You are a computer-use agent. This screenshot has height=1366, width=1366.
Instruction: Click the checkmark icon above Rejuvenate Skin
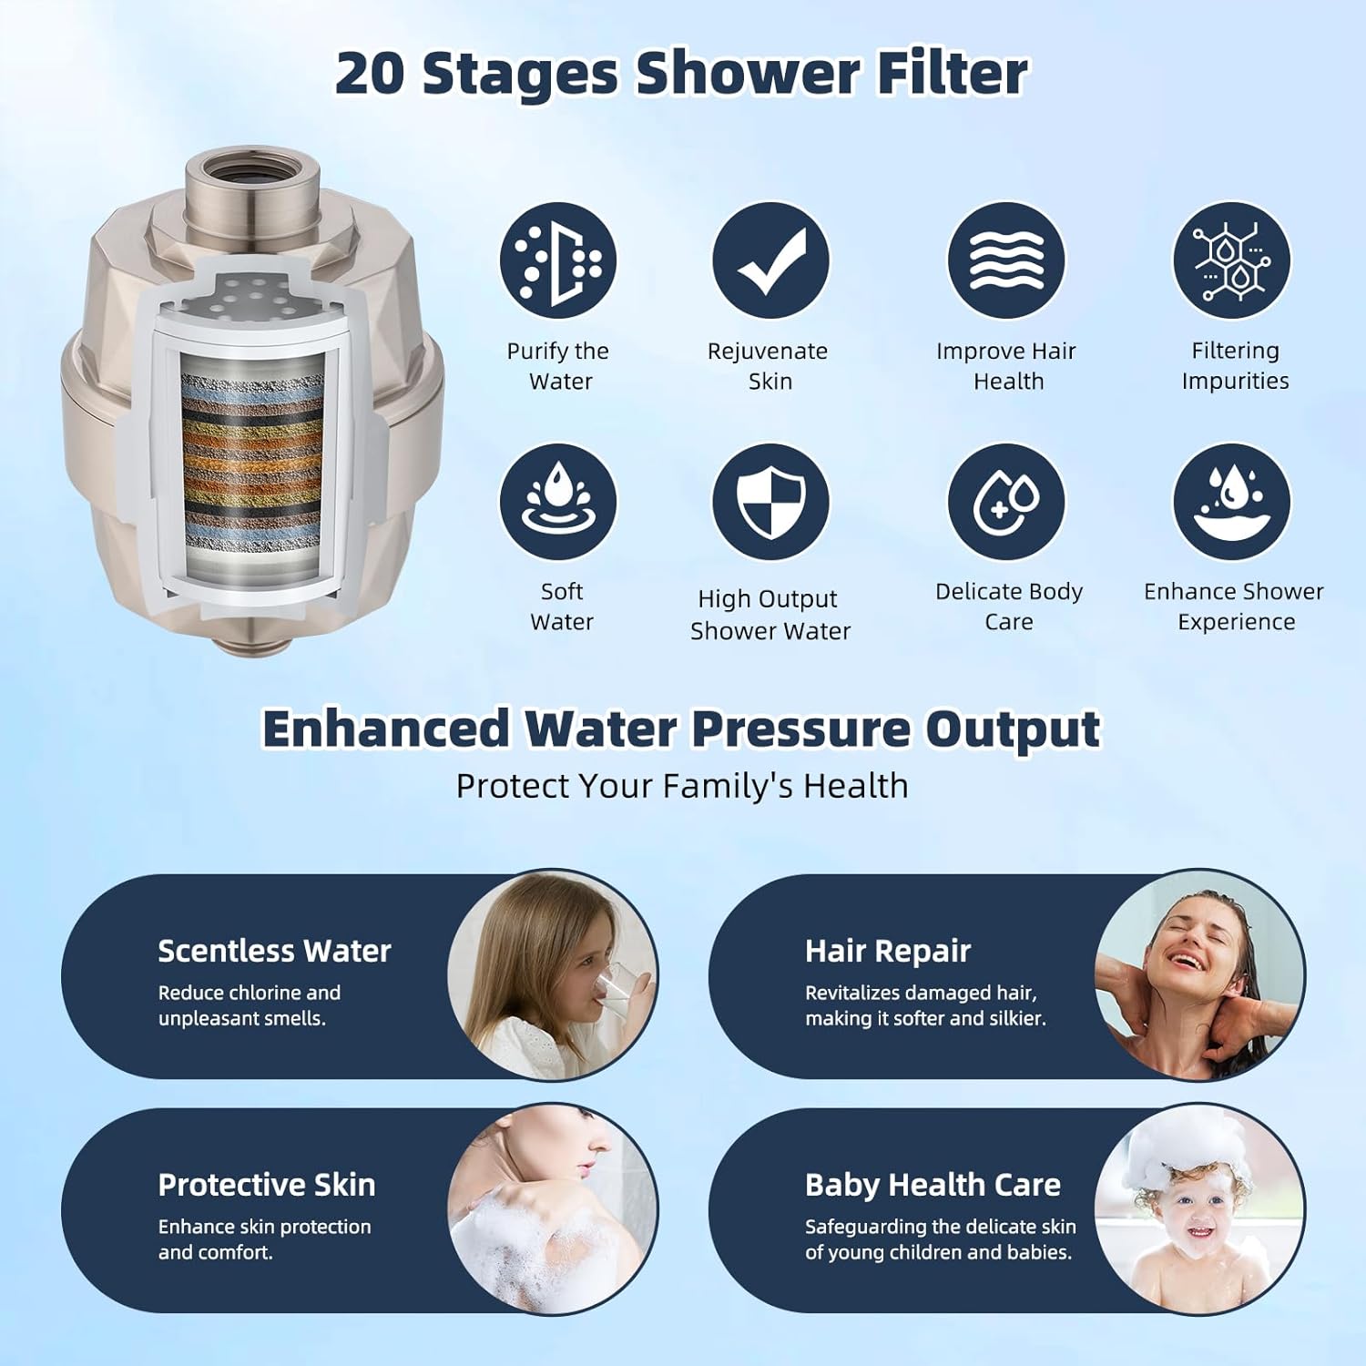coord(770,260)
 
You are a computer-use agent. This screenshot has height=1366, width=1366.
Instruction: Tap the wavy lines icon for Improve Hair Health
coord(1006,260)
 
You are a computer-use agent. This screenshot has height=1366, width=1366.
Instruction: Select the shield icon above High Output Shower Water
coord(770,502)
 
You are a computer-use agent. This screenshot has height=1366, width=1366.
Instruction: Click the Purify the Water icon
coord(557,260)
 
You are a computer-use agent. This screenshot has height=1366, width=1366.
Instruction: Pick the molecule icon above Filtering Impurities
coord(1231,260)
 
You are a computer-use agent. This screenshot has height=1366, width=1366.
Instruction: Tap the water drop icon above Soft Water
coord(557,502)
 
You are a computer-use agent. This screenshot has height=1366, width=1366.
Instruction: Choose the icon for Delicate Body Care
coord(1006,502)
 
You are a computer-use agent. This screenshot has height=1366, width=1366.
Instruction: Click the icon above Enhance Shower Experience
coord(1231,502)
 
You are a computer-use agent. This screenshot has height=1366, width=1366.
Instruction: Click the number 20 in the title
coord(370,73)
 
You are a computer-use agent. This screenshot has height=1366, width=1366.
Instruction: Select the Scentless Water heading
coord(274,951)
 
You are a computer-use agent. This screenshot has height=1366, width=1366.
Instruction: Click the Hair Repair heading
coord(888,951)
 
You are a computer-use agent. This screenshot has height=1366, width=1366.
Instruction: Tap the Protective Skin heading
coord(266,1185)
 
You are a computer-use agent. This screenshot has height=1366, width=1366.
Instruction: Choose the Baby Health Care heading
coord(933,1185)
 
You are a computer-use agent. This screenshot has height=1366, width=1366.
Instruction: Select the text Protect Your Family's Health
coord(682,786)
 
